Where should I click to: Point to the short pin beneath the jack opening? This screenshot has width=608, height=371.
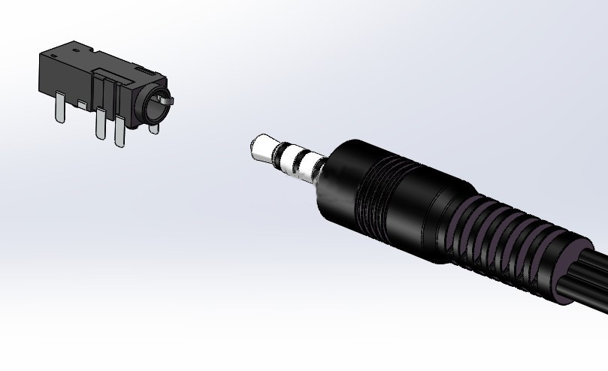coord(154,128)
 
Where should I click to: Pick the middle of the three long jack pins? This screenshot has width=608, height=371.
coord(100,123)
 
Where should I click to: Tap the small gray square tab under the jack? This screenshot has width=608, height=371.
coord(80,101)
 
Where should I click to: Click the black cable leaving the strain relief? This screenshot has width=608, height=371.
coord(590,285)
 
